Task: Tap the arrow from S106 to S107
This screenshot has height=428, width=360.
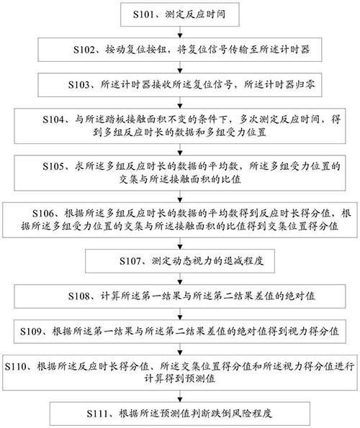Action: [180, 241]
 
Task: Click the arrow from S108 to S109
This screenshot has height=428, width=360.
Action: [180, 314]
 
